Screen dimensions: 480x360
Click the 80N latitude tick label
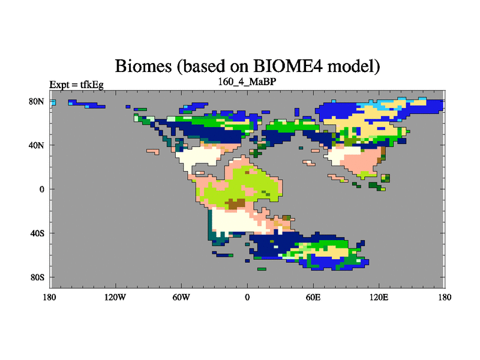(37, 101)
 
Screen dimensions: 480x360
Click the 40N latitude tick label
(37, 145)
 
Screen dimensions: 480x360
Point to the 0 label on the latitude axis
(41, 189)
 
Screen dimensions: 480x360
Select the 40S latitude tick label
(37, 233)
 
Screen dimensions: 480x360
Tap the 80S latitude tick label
(37, 277)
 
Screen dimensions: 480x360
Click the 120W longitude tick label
(115, 297)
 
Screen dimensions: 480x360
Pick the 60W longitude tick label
(181, 297)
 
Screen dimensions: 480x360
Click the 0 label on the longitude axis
(247, 297)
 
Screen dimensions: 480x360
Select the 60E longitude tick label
(313, 297)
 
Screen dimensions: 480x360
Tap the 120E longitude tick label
(379, 297)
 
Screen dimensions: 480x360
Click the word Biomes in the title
(143, 66)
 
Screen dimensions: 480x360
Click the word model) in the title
(353, 67)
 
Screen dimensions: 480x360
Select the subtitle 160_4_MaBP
(247, 82)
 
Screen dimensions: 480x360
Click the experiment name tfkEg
(92, 85)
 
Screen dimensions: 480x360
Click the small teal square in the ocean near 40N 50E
(301, 148)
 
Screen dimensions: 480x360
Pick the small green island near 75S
(262, 269)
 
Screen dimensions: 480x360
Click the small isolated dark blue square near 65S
(247, 261)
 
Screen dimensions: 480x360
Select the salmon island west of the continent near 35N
(153, 152)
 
